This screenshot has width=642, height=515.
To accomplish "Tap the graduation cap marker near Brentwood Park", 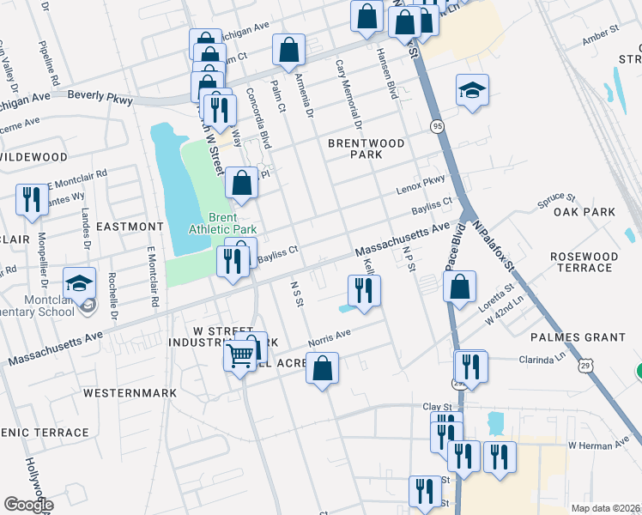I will (x=471, y=91).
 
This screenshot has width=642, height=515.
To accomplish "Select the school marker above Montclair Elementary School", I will (x=79, y=283).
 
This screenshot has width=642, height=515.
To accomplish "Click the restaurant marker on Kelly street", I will (x=365, y=290).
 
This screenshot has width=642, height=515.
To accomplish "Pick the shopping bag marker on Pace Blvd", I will (x=460, y=287).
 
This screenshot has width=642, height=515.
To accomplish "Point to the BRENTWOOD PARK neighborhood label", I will (x=366, y=148).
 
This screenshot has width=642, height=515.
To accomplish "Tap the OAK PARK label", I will (x=584, y=212).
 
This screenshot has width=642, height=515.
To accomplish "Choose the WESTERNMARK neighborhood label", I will (x=130, y=392).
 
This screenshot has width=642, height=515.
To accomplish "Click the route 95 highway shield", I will (x=438, y=126).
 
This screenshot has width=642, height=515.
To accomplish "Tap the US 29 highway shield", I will (x=584, y=367).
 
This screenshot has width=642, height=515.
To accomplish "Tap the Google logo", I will (x=28, y=504).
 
